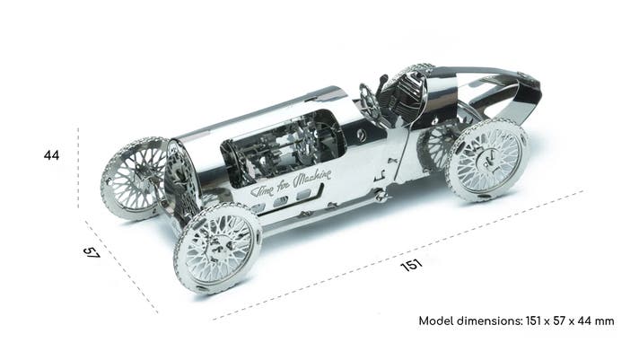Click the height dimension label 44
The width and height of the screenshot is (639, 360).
51,155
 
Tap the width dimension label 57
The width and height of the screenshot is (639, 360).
92,252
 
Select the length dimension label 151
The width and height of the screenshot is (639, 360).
412,266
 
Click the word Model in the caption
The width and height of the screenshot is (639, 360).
435,320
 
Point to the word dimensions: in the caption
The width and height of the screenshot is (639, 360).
489,320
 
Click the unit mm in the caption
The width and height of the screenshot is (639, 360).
604,321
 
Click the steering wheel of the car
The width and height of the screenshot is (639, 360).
369,101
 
